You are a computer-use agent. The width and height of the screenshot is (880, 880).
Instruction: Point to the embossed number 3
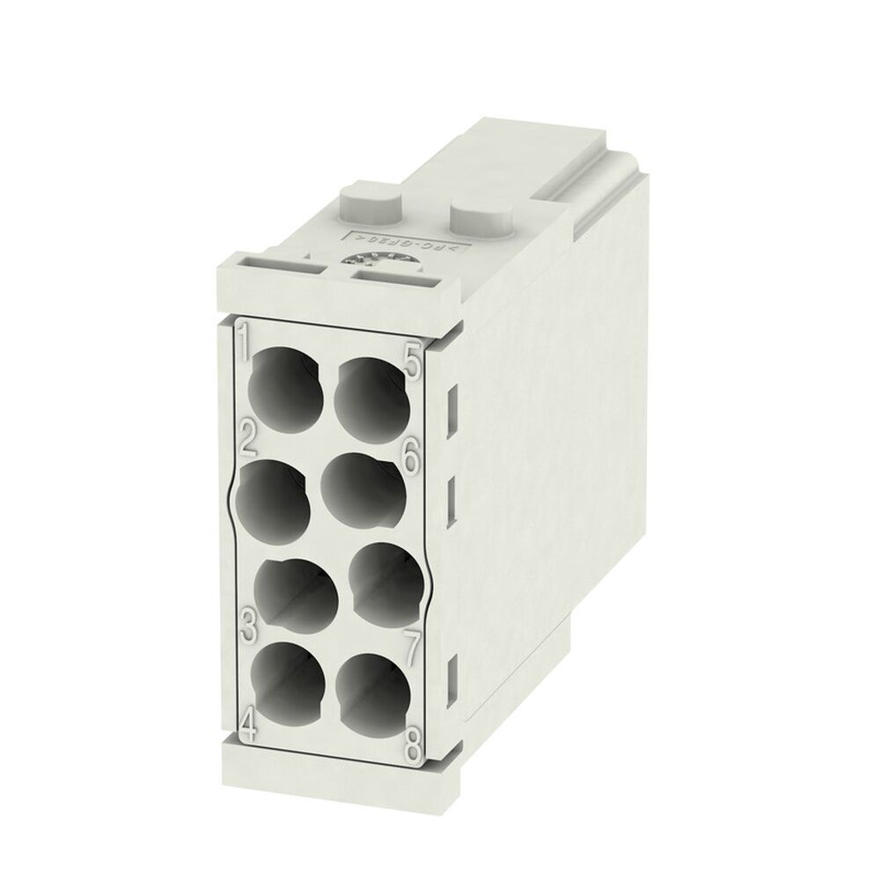coord(247,626)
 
